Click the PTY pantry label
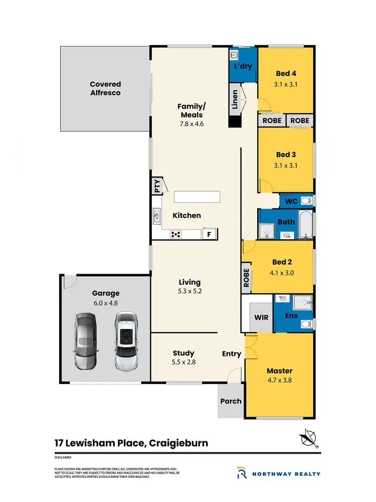[x=157, y=186]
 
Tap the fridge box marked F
[x=210, y=233]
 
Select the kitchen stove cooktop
[x=176, y=233]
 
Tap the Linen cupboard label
[x=234, y=99]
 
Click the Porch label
[x=231, y=401]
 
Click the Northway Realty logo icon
[x=242, y=473]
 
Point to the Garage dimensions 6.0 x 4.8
[x=105, y=303]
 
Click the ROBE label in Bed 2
[x=246, y=277]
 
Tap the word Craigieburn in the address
[x=176, y=443]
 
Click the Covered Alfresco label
[x=105, y=88]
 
